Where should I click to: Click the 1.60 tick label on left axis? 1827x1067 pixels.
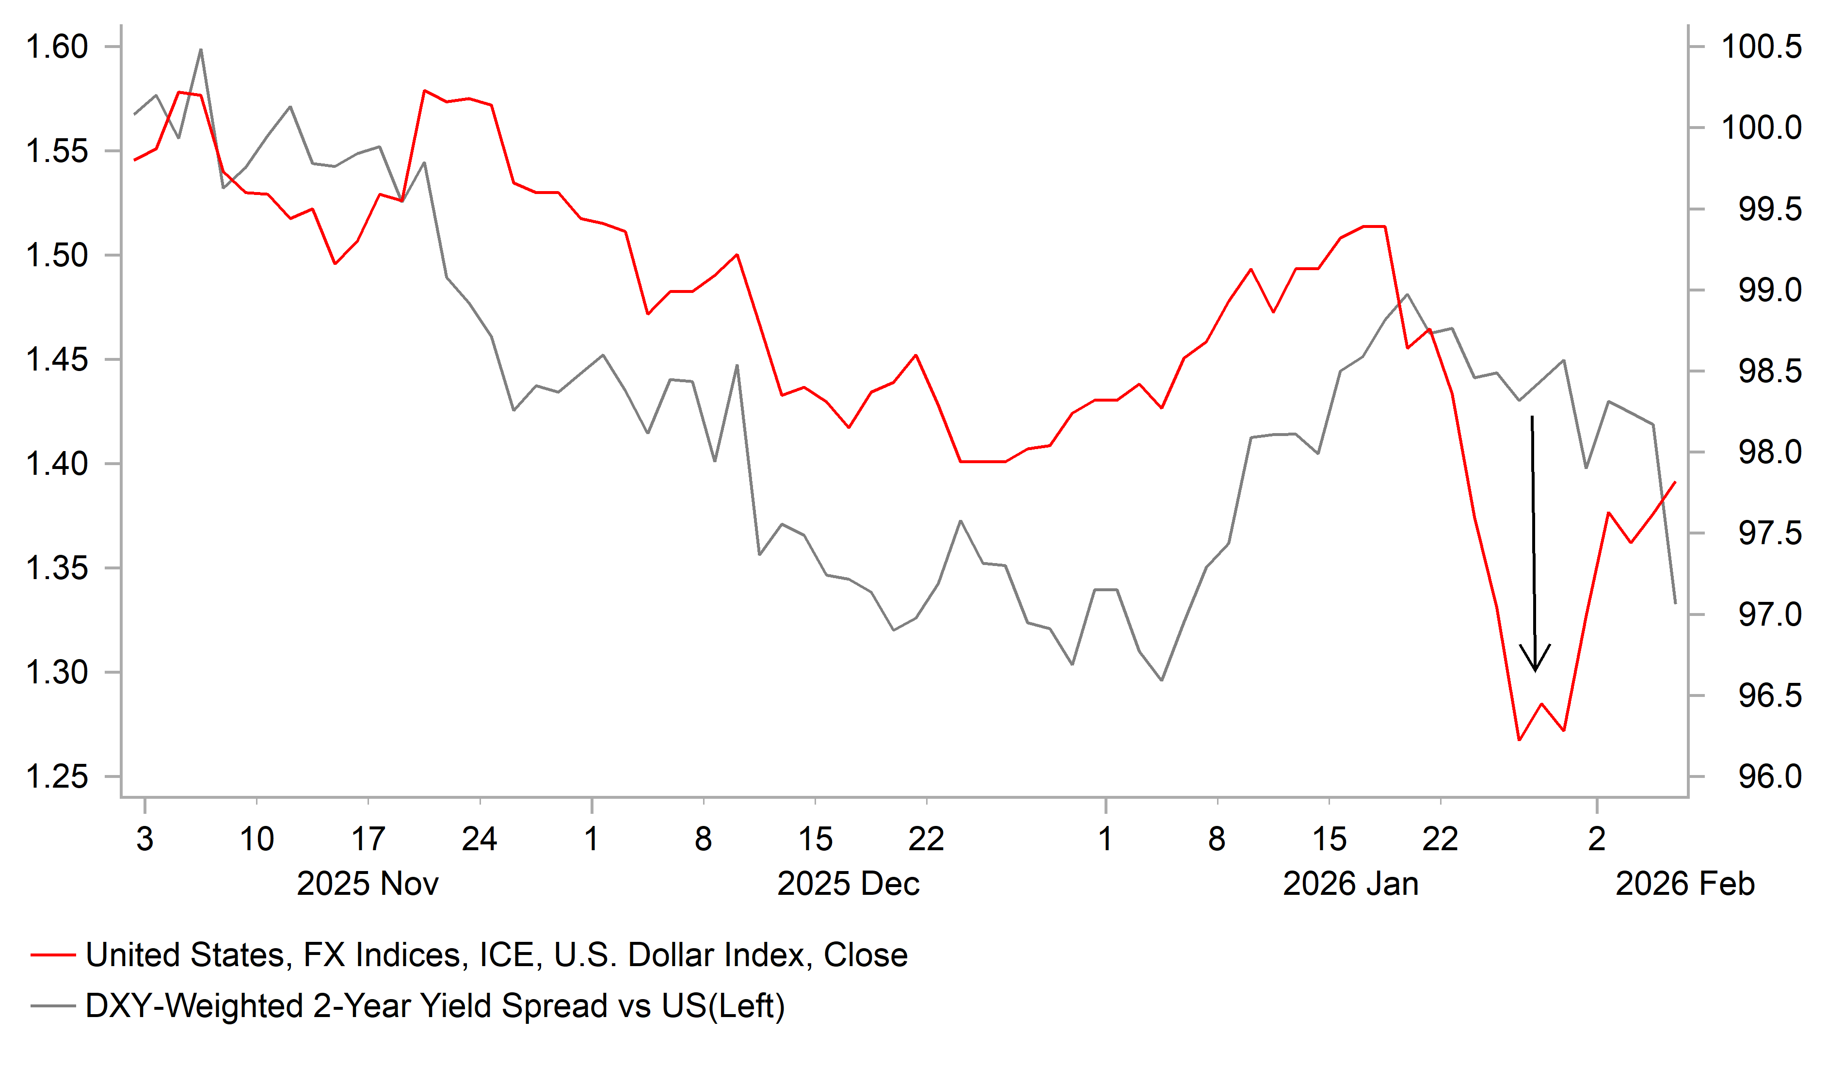point(57,47)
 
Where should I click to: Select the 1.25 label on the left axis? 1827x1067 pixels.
point(57,777)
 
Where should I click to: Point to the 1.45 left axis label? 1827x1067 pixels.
point(57,360)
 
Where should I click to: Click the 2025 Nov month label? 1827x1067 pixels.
point(368,884)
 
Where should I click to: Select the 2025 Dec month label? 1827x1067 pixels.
point(848,884)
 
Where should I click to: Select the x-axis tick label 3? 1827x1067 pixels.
point(145,839)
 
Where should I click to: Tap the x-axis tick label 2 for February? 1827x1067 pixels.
point(1597,839)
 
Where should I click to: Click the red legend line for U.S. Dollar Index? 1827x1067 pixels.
point(53,955)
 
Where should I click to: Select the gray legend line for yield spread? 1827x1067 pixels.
point(53,1006)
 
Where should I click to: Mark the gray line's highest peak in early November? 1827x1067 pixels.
point(201,49)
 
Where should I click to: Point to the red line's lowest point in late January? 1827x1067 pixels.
point(1519,740)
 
